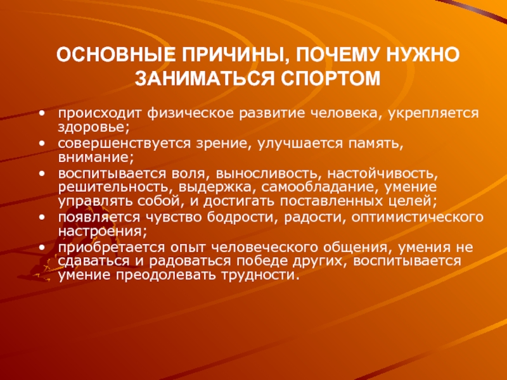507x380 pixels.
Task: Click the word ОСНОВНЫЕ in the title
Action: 116,54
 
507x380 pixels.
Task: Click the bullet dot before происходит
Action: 42,114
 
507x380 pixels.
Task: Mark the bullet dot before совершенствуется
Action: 42,144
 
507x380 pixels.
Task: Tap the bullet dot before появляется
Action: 42,218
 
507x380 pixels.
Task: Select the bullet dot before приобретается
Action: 42,248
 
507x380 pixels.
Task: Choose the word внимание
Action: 96,158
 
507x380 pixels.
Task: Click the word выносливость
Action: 267,174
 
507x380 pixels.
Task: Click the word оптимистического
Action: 418,218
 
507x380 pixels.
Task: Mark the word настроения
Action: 100,232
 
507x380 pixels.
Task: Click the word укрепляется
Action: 433,114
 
